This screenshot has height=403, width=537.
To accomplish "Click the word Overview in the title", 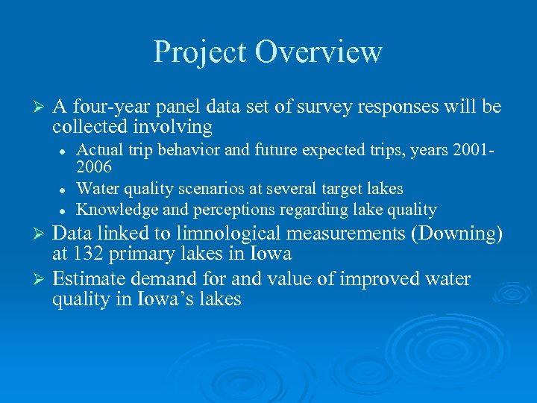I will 318,52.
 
